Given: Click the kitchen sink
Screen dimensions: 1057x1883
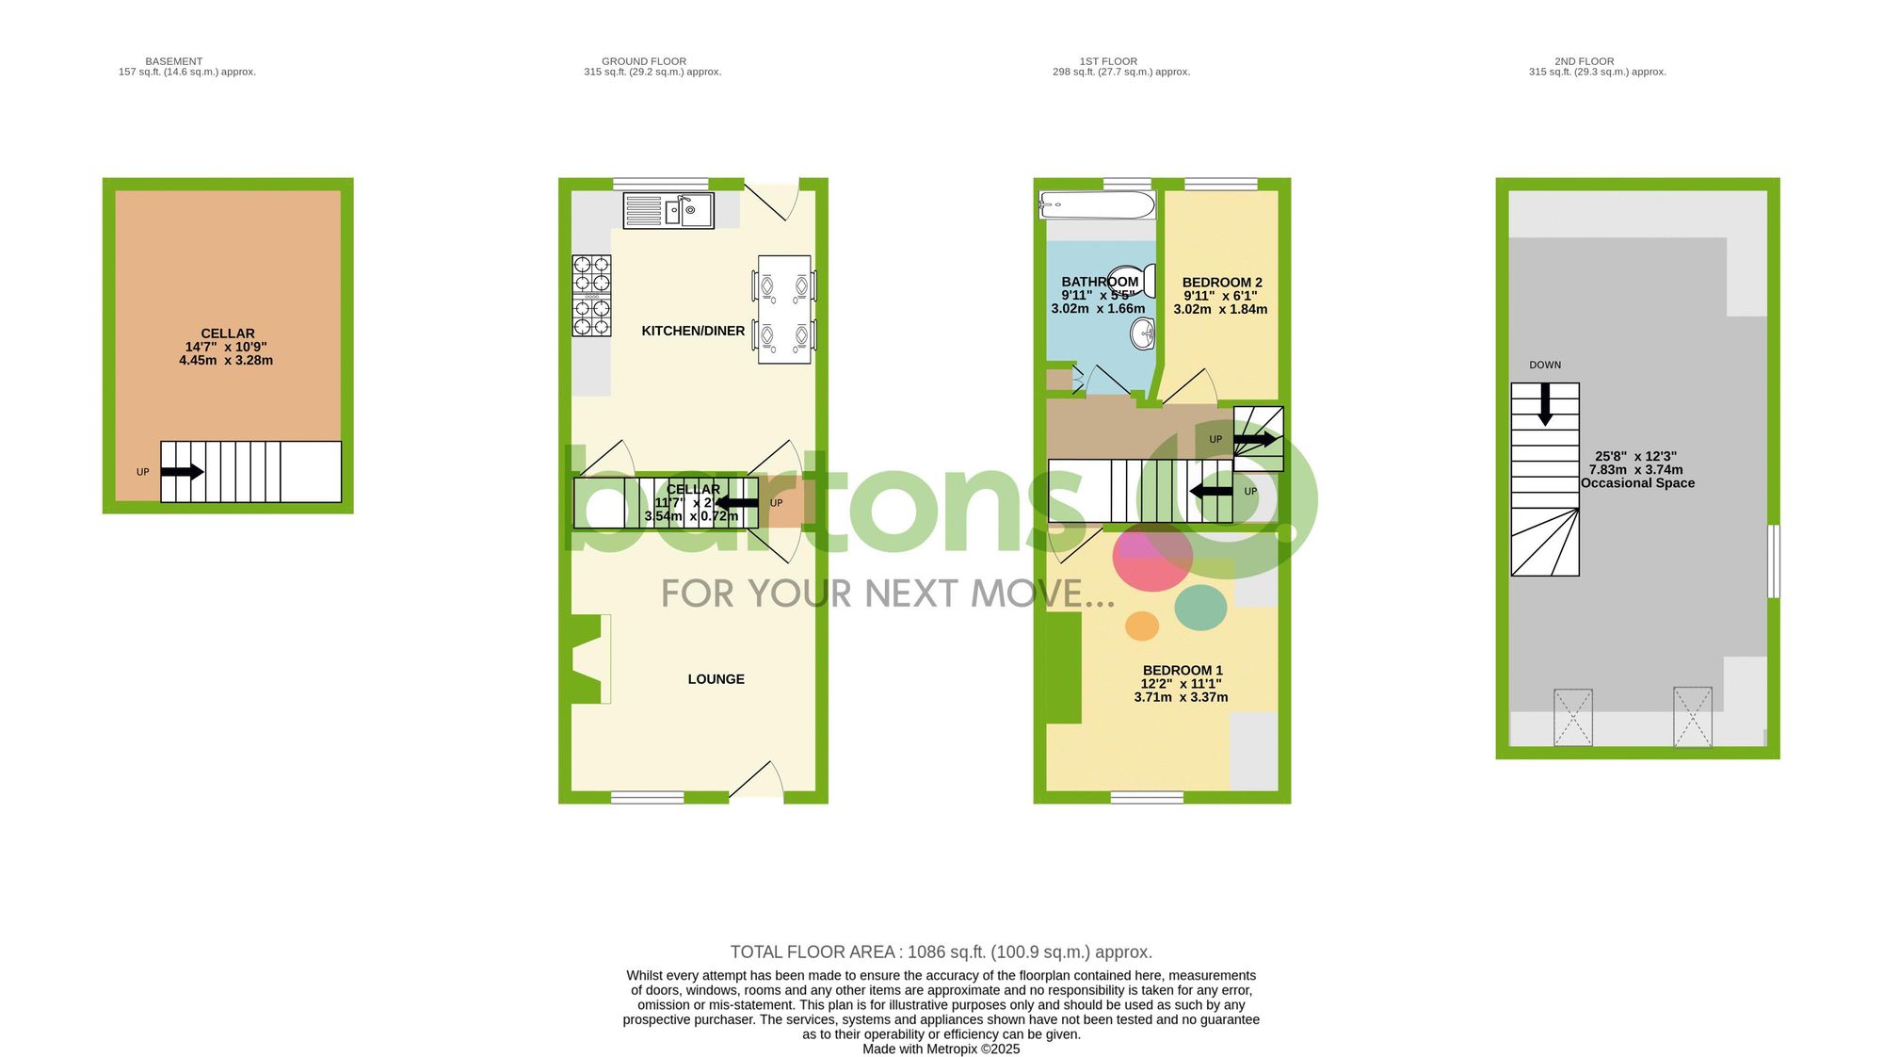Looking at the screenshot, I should (668, 210).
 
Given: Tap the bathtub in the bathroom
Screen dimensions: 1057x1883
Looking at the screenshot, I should (1097, 204).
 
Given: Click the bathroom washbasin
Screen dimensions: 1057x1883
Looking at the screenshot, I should (1143, 333).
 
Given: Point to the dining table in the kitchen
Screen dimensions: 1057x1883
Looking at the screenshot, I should (784, 309).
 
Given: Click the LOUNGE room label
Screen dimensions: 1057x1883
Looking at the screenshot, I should (716, 679).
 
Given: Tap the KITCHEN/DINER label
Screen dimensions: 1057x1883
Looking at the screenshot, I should (693, 331).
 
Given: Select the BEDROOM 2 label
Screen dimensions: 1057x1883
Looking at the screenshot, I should (1222, 283).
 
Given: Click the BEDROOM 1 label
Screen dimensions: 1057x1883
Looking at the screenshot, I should (1183, 671).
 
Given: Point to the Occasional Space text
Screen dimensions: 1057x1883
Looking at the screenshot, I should (1637, 483).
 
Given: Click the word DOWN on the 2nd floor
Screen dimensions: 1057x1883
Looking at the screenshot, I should (1545, 365).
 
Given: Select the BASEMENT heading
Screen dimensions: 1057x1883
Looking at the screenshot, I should (174, 61).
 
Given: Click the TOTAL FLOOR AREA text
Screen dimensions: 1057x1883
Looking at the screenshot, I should (941, 952).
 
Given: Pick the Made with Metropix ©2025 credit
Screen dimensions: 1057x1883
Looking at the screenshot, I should (941, 1049).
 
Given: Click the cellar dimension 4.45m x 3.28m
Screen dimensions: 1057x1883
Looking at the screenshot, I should (226, 360).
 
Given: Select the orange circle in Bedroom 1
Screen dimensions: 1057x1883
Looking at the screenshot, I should (1142, 626).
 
